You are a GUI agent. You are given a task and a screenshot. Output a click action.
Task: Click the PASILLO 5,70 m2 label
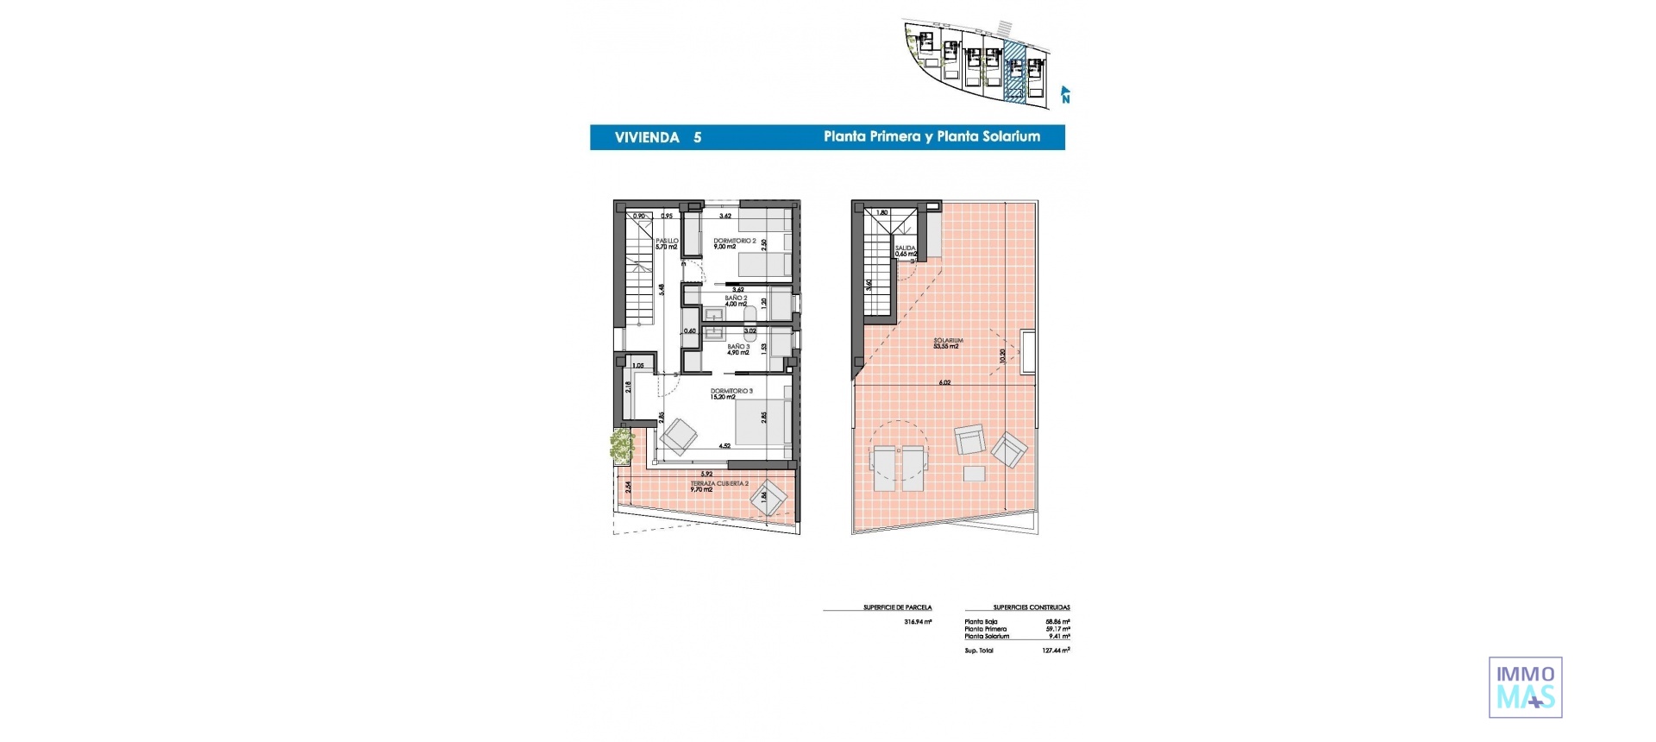(667, 244)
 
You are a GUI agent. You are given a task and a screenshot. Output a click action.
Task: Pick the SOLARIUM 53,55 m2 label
(947, 343)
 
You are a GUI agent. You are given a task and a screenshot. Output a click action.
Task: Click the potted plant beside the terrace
(622, 445)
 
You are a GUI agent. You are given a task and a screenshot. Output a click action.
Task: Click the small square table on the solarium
(975, 473)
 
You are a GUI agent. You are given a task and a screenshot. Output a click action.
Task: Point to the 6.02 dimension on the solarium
(944, 382)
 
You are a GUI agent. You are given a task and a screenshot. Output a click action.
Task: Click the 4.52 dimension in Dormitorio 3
(725, 446)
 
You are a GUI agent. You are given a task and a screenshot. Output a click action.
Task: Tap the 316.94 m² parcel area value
(918, 621)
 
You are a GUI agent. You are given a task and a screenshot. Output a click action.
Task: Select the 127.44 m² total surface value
(1056, 651)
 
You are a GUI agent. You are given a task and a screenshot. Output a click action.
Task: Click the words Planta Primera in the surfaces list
(985, 629)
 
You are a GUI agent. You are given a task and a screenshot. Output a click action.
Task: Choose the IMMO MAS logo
(1525, 687)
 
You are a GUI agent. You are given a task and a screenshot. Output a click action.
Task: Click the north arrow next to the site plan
(1065, 94)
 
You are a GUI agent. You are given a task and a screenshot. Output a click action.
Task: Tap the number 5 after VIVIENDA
(697, 137)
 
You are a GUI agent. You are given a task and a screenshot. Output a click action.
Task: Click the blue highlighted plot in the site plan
(1017, 73)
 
